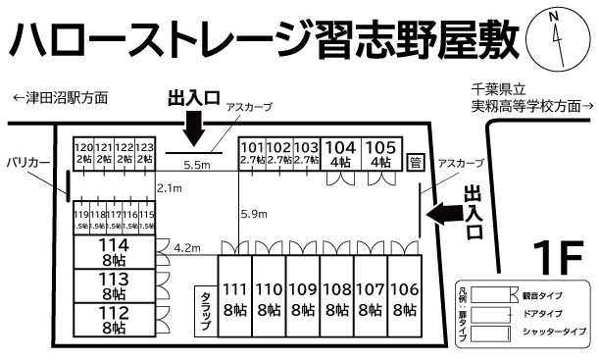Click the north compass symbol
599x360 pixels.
(x=555, y=36)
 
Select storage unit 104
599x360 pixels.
(x=340, y=151)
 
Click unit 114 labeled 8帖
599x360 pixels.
(x=115, y=252)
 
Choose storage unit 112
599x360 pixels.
(x=115, y=319)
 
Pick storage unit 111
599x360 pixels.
(x=234, y=298)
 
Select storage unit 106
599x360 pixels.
(x=403, y=298)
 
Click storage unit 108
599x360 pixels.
(x=335, y=298)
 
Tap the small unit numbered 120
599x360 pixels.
(x=84, y=151)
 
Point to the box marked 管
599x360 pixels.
(x=416, y=162)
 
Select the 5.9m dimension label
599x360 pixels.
(x=253, y=214)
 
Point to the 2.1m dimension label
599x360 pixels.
(x=170, y=187)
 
